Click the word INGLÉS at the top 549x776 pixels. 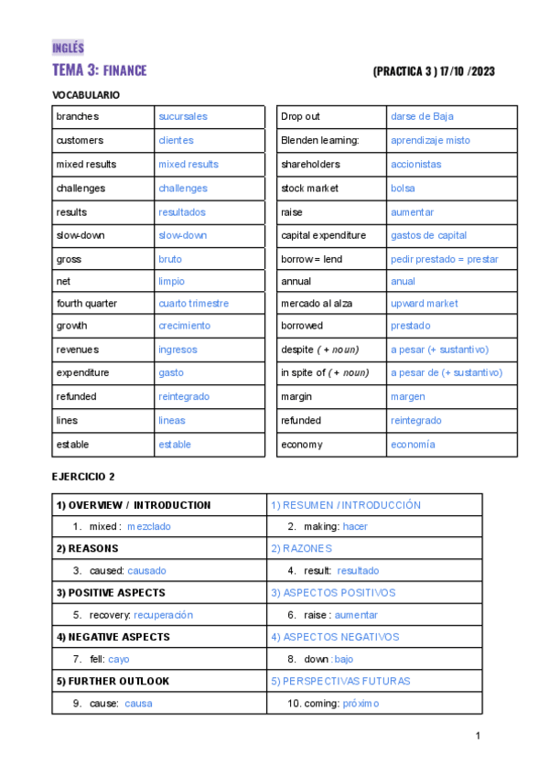coord(68,48)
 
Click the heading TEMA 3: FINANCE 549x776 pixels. coord(99,70)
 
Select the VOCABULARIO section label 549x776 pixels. coord(86,95)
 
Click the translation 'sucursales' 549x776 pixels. coord(183,116)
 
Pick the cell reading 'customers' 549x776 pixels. coord(80,140)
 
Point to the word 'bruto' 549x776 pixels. coord(170,259)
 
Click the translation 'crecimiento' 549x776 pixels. coord(184,325)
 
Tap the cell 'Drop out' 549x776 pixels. coord(301,116)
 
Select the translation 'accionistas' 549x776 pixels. coord(415,164)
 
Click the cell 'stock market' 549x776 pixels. coord(309,188)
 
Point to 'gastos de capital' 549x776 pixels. coord(428,235)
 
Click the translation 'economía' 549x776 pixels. coord(413,444)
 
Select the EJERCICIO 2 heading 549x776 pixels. coord(83,477)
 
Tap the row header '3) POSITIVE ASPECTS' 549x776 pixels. coord(111,593)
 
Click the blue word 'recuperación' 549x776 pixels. coord(163,615)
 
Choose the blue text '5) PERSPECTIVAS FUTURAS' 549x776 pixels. coord(340,681)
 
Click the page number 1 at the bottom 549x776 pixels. coord(478,737)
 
